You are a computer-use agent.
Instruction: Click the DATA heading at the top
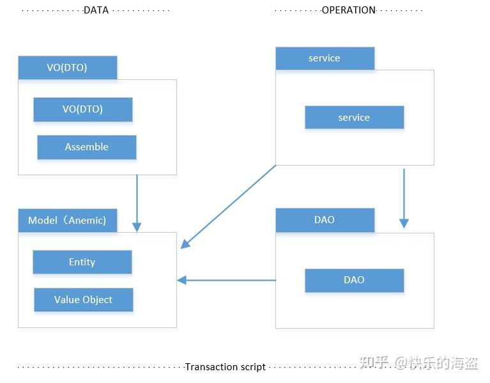pos(96,10)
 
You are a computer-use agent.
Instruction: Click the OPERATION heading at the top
pos(348,10)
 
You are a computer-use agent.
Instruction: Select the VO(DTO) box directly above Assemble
pos(83,109)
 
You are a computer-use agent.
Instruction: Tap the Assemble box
pos(87,147)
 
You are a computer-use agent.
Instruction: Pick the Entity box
pos(82,262)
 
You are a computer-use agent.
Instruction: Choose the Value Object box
pos(84,300)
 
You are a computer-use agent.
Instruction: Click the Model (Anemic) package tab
pos(68,221)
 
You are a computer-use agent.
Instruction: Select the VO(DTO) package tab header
pos(68,68)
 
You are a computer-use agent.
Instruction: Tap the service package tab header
pos(325,58)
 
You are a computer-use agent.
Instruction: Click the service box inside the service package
pos(354,118)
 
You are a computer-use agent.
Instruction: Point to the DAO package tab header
pos(325,220)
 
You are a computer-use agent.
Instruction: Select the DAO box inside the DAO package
pos(354,280)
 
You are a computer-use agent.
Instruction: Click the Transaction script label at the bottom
pos(226,367)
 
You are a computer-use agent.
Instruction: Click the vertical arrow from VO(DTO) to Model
pos(137,202)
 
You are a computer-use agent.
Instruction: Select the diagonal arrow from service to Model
pos(229,207)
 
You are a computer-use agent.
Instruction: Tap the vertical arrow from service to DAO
pos(404,198)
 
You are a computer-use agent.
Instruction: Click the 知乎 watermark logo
pos(374,363)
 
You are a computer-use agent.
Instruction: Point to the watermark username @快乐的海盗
pos(436,363)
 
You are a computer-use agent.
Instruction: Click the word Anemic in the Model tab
pos(86,221)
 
